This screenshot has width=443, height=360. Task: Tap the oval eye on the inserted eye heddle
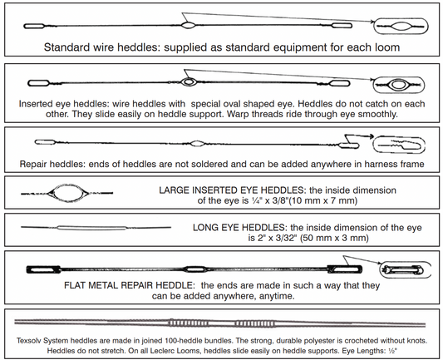190,83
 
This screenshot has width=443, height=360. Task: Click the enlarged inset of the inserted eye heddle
397,84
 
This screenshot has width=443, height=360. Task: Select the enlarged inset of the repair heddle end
398,144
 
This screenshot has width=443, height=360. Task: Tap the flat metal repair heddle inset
401,269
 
